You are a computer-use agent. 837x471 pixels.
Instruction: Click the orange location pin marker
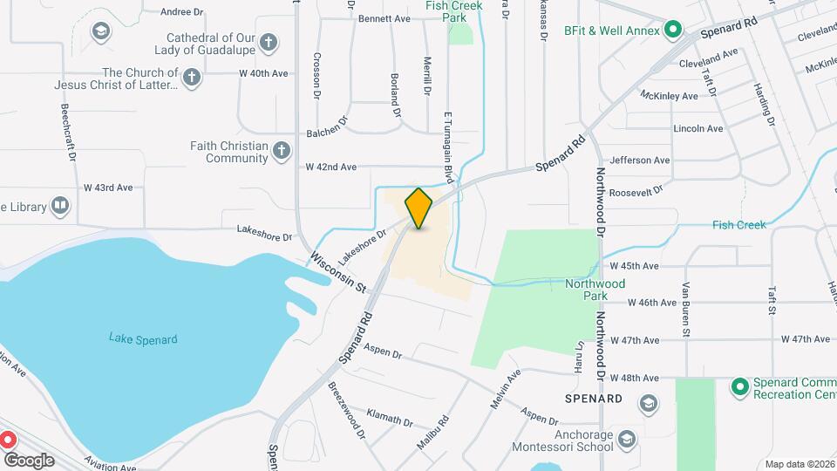[418, 208]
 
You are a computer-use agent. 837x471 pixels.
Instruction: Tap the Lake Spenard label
[143, 339]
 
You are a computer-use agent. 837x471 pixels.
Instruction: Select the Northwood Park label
[595, 290]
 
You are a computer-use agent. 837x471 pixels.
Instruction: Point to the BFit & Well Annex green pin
[672, 31]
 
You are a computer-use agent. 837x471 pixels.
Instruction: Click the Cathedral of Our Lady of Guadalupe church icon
[269, 43]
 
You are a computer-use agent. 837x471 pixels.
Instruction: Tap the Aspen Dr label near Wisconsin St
[384, 355]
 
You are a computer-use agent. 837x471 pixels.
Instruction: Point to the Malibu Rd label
[432, 432]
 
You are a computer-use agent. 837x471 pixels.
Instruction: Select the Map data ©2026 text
[800, 464]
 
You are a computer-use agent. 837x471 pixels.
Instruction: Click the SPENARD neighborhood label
[593, 399]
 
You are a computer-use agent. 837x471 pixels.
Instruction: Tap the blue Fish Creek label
[738, 225]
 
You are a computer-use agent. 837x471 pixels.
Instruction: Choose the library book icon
[59, 206]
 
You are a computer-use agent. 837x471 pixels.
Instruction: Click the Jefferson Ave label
[640, 160]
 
